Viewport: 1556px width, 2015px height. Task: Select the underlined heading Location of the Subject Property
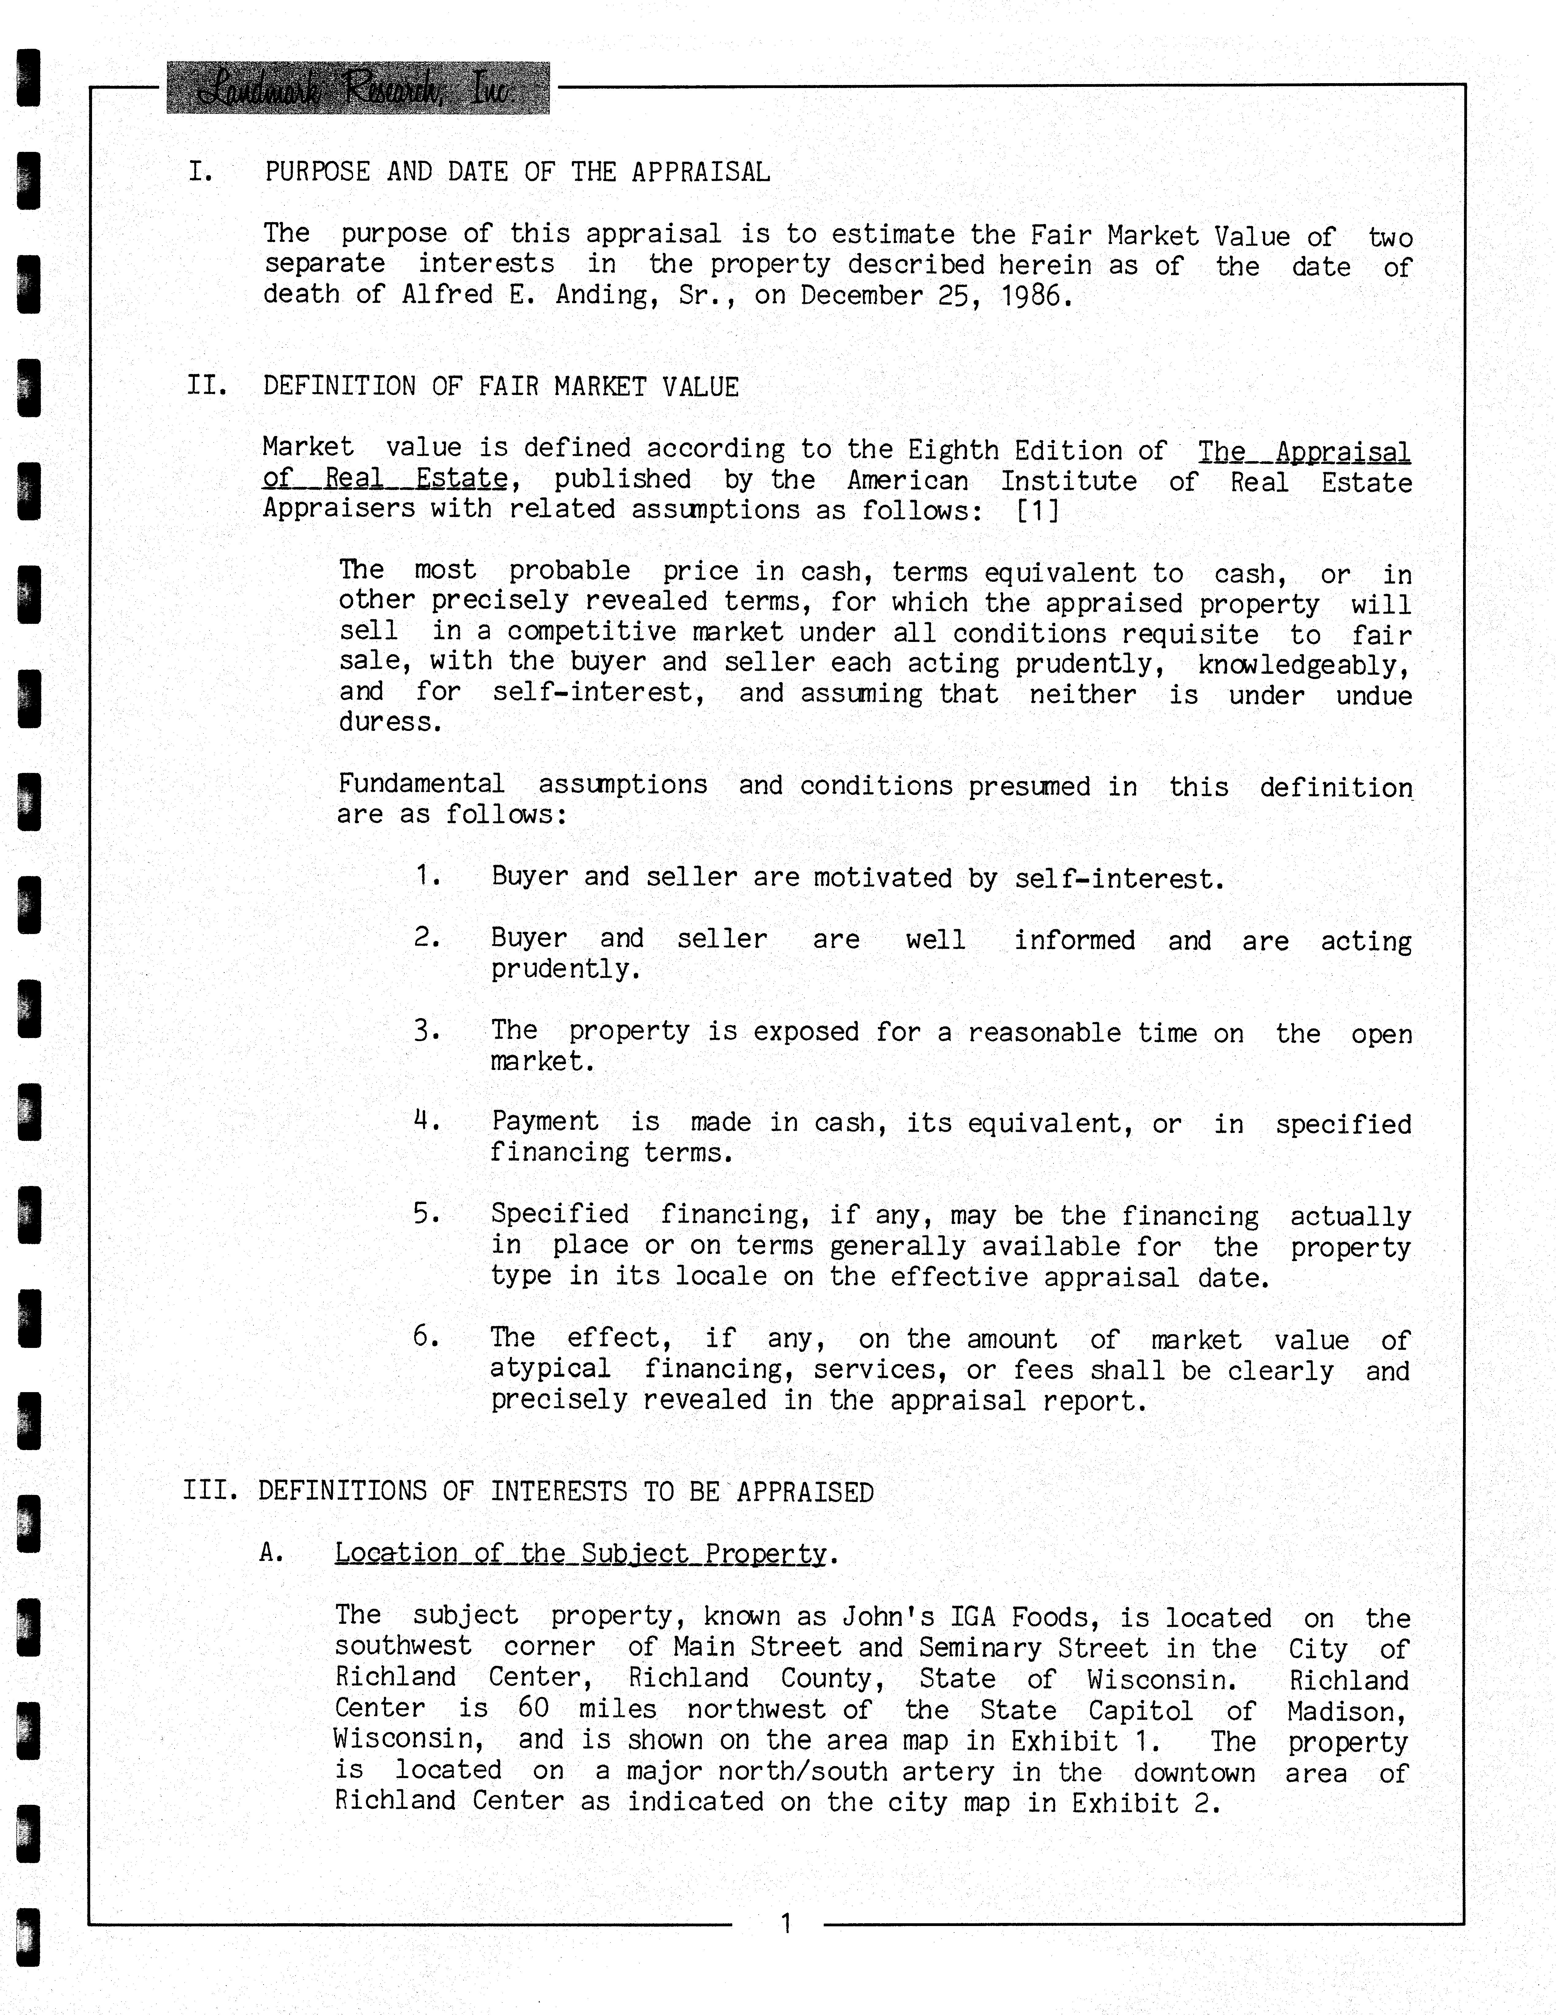pos(580,1554)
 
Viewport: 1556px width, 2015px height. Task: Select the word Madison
pos(1346,1712)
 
